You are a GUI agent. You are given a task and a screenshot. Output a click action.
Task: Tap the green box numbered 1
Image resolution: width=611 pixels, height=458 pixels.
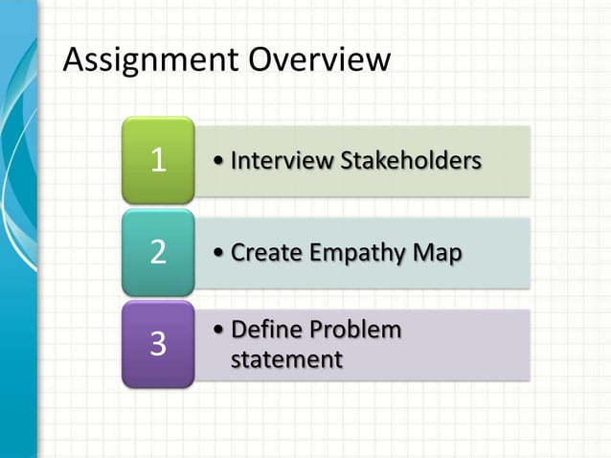[x=158, y=160]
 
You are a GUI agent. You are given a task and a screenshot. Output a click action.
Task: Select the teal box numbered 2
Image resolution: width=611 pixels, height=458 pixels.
[x=158, y=252]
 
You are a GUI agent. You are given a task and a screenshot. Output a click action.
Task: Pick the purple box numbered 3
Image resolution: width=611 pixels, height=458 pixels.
[x=158, y=344]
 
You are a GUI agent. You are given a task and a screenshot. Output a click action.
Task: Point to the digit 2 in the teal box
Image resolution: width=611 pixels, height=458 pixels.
[x=159, y=253]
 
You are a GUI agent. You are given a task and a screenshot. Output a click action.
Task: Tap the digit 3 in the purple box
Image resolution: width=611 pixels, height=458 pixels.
[x=159, y=344]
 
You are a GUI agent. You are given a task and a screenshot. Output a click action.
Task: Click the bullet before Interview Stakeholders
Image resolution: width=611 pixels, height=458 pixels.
[x=221, y=160]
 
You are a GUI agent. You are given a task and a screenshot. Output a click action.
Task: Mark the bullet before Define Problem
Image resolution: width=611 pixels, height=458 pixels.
[x=221, y=330]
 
